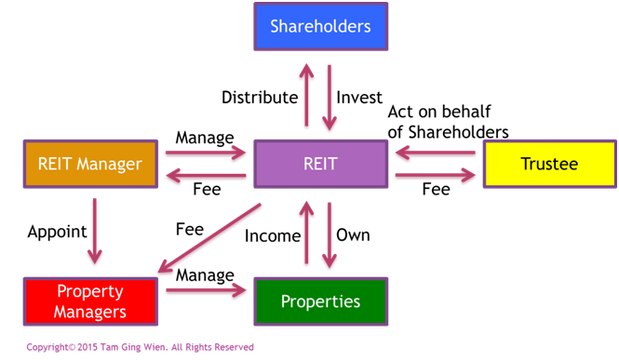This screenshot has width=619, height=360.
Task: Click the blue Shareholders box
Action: click(x=320, y=26)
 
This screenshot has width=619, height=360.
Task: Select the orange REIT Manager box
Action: click(x=90, y=164)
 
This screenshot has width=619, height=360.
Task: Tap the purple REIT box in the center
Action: click(x=320, y=164)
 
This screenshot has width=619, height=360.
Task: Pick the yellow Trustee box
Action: click(x=549, y=164)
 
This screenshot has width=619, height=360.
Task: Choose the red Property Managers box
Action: click(x=90, y=301)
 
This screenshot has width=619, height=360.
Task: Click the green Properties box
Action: click(x=320, y=301)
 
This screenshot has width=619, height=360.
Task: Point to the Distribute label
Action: click(x=260, y=98)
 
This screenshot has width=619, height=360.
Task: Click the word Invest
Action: click(x=359, y=98)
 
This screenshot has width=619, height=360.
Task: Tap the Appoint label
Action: click(x=57, y=232)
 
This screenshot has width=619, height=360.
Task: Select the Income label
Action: click(x=273, y=235)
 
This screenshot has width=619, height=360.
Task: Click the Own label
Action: click(x=353, y=235)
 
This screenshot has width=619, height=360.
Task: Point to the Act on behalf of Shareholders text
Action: click(x=448, y=122)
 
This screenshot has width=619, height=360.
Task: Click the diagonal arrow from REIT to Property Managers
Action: click(x=209, y=238)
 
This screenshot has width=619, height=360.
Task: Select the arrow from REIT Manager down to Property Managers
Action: click(x=95, y=231)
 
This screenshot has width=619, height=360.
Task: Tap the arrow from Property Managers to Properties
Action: click(x=206, y=290)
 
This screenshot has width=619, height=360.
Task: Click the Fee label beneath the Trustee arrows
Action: click(x=437, y=189)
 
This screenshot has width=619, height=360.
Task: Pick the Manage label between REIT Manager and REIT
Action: click(x=205, y=138)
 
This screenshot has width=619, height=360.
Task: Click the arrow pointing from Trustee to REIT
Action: click(x=435, y=153)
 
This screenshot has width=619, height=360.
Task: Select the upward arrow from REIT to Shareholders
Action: click(x=306, y=95)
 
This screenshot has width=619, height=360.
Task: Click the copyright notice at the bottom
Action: click(x=141, y=347)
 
